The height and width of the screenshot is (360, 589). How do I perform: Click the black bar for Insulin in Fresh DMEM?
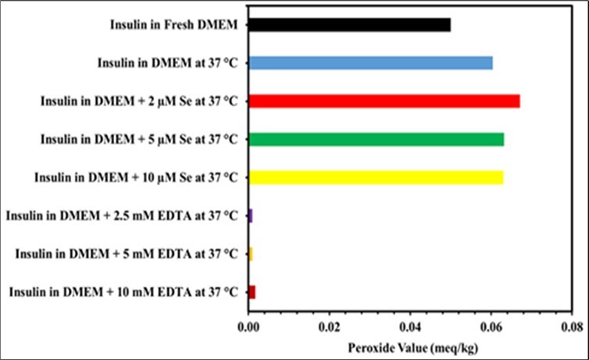click(x=349, y=25)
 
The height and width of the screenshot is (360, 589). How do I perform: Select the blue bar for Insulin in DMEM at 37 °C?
click(x=370, y=63)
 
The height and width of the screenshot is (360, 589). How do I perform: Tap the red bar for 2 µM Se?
click(x=384, y=102)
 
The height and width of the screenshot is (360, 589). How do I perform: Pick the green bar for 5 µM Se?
click(x=376, y=140)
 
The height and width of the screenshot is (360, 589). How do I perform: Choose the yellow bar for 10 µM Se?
click(x=376, y=177)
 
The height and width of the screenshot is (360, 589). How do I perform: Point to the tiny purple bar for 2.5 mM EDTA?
click(x=250, y=216)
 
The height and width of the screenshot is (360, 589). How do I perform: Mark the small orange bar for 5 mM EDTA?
click(x=250, y=254)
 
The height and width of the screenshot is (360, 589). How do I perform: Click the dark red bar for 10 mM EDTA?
click(x=252, y=292)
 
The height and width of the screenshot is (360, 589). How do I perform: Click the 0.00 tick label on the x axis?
click(x=248, y=322)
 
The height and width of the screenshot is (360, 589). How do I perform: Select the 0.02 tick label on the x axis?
click(x=329, y=322)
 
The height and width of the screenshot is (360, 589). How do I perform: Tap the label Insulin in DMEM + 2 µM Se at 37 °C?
click(x=140, y=102)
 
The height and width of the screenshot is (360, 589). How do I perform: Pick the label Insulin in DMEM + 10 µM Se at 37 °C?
click(x=136, y=177)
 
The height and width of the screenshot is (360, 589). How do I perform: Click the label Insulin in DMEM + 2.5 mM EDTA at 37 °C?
click(x=123, y=216)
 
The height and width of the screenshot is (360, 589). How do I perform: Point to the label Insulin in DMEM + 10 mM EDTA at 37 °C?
click(x=123, y=292)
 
